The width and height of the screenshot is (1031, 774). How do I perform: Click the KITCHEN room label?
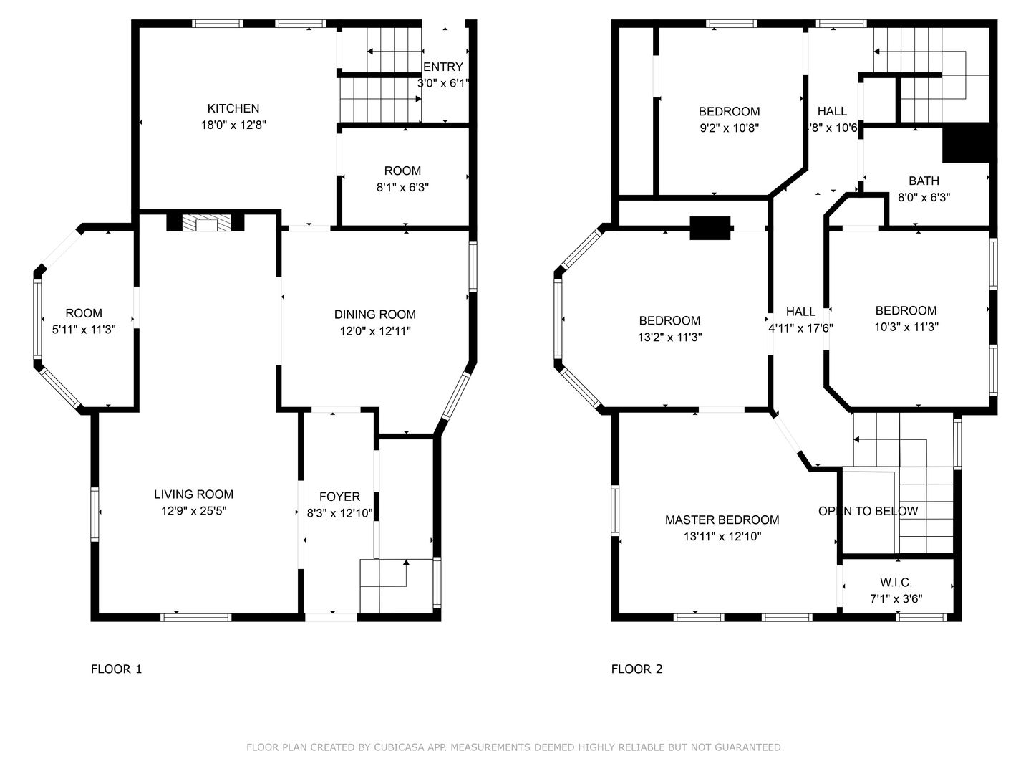coord(233,108)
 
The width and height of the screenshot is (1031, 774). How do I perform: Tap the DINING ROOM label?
coord(375,315)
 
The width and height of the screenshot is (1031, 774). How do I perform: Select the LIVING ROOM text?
coord(193,494)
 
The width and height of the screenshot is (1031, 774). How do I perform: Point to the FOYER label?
coord(339,497)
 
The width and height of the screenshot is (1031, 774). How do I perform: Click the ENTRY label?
coord(443,67)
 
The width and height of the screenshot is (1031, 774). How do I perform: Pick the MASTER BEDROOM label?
coord(722,520)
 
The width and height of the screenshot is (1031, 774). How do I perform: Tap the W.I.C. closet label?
coord(896,582)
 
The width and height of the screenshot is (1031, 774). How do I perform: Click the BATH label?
coord(924,181)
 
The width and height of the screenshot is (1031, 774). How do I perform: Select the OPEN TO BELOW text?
coord(868,511)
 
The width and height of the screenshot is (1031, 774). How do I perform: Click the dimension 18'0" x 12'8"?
coord(233,125)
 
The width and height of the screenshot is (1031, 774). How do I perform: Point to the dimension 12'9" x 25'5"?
coord(193,511)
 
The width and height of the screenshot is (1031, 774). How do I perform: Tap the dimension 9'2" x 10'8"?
coord(729,128)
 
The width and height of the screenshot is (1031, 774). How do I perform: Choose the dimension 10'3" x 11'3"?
coord(906,327)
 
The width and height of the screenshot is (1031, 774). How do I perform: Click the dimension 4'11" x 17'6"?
coord(800,328)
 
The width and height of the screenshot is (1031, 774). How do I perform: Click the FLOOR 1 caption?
coord(116,669)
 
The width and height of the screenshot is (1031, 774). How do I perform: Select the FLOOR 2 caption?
coord(636,669)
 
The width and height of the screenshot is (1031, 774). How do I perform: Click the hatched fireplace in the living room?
coord(205,223)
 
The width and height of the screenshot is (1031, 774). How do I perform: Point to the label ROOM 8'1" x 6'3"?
coord(402,179)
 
